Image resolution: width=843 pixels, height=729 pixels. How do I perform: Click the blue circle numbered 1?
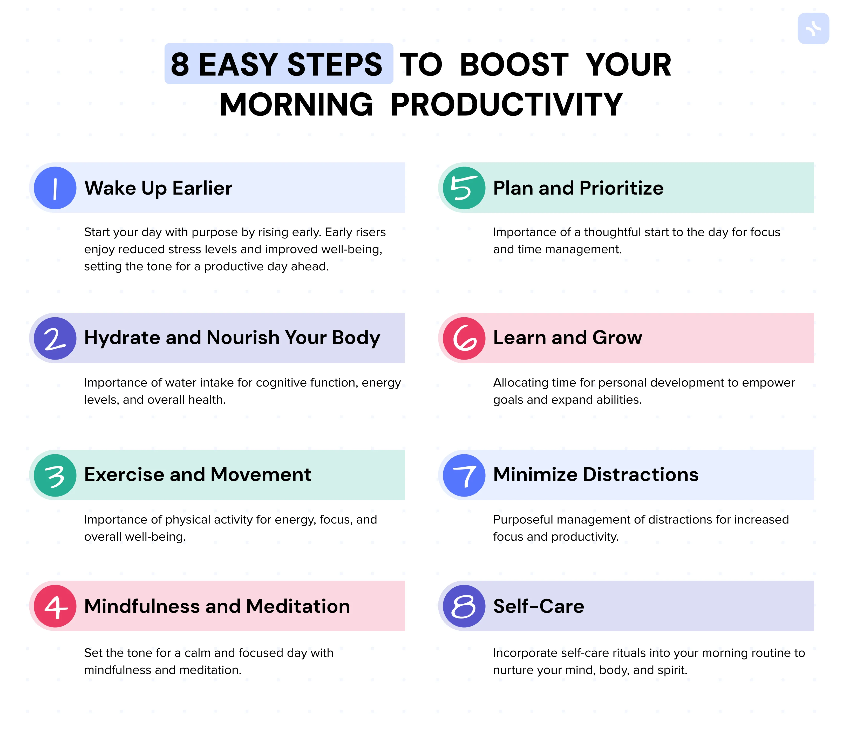coord(55,188)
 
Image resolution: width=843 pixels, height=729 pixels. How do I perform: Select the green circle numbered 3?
coord(55,475)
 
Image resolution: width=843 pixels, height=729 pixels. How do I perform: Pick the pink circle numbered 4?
coord(55,606)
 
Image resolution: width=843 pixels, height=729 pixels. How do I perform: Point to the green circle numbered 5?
coord(464,188)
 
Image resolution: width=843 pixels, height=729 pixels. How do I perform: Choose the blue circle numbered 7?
coord(464,475)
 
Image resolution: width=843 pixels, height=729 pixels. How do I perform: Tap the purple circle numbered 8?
coord(464,606)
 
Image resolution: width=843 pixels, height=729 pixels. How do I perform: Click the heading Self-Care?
coord(539,606)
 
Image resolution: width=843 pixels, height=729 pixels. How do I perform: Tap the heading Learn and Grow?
coord(567,338)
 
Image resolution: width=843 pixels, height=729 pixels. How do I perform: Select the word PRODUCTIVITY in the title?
coord(506,105)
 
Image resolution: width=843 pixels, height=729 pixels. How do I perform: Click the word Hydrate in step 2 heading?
coord(122,338)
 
